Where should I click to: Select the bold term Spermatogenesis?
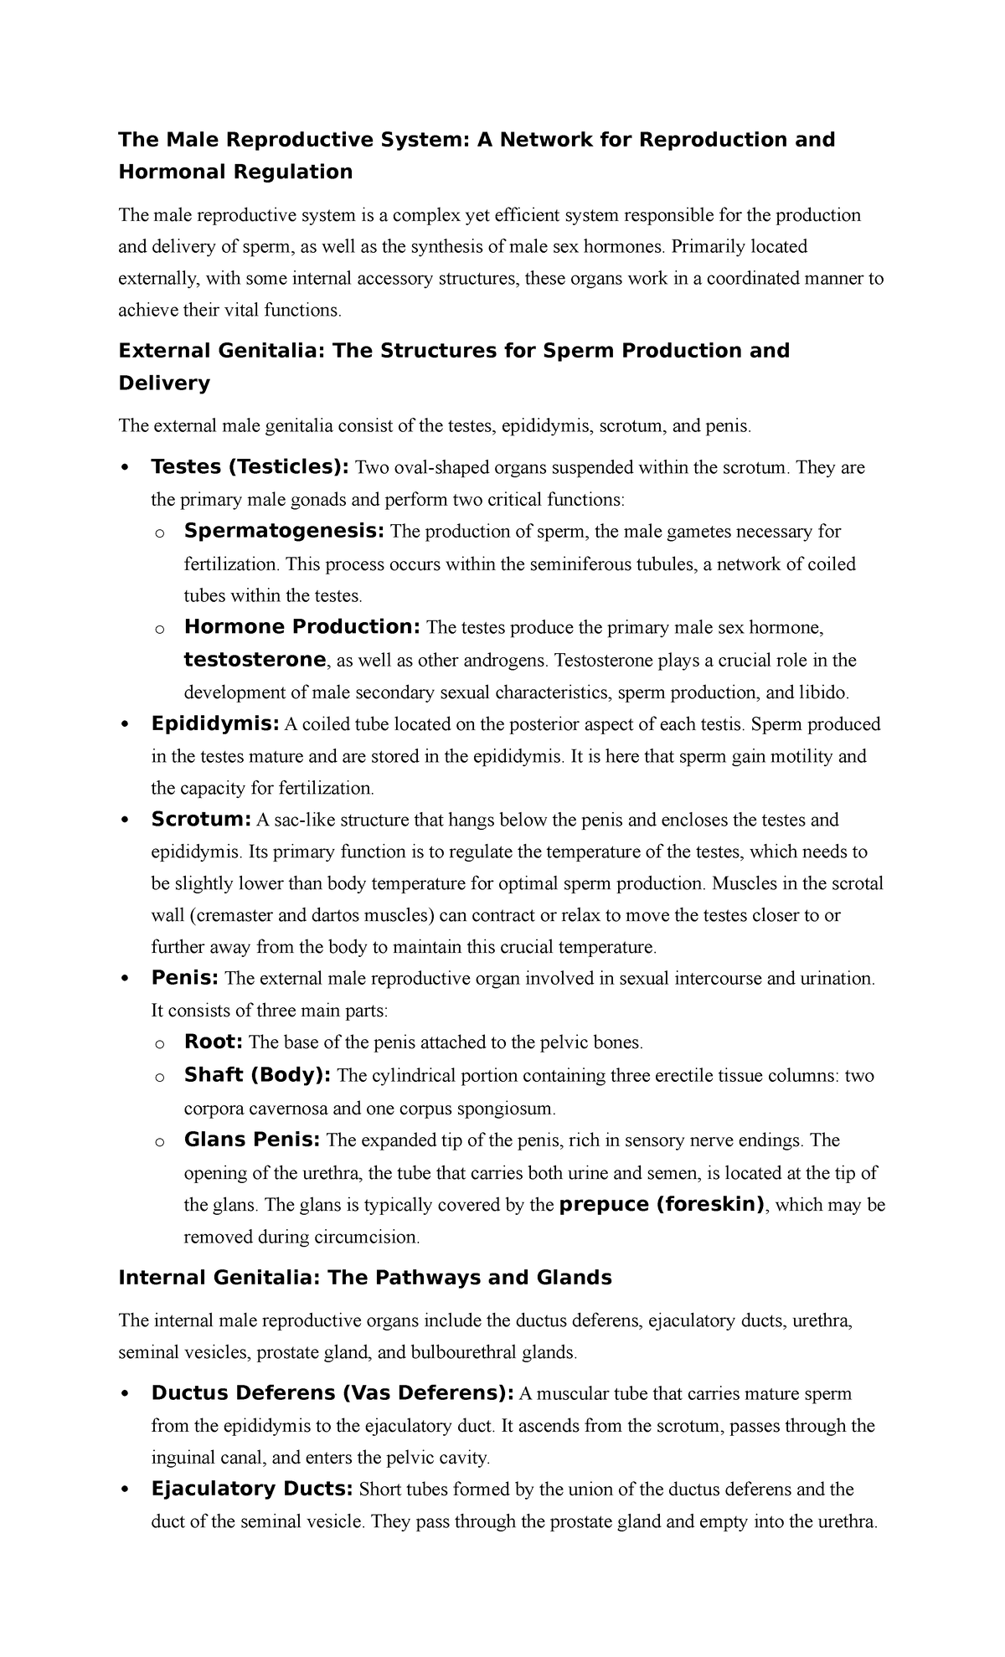[285, 531]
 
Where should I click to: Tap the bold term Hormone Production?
[303, 627]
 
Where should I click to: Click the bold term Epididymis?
[215, 723]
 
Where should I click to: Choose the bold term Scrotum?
[201, 819]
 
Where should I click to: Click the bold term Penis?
[185, 978]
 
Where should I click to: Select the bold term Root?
[214, 1042]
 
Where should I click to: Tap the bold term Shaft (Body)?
[257, 1075]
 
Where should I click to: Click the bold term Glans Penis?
[252, 1140]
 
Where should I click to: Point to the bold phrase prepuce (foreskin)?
[662, 1205]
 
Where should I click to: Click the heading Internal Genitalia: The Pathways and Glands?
[365, 1278]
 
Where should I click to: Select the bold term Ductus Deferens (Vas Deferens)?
[332, 1393]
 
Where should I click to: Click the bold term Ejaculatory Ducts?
[252, 1489]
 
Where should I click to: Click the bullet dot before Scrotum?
[125, 821]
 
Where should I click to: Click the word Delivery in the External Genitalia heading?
[164, 383]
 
